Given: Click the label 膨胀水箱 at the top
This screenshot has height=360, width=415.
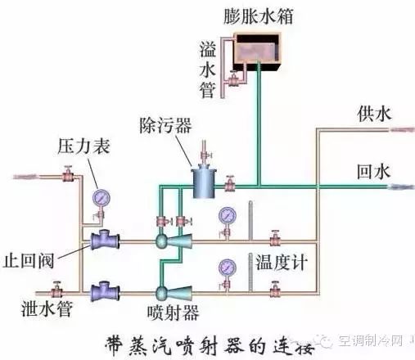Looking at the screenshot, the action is (x=258, y=16).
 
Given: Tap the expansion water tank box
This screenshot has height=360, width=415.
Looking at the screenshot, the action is (x=257, y=52).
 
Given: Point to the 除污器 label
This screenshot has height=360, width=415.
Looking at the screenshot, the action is (x=166, y=126).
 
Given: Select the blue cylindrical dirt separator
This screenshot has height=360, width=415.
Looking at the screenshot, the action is (x=204, y=181).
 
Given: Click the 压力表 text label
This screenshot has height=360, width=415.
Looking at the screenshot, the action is (x=84, y=146).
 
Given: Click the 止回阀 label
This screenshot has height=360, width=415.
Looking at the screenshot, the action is (x=29, y=261).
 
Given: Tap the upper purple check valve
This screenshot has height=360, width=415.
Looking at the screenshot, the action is (x=105, y=240).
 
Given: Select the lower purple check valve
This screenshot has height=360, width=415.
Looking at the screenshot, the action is (x=105, y=292).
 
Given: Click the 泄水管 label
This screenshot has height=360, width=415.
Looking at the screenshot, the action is (x=47, y=309).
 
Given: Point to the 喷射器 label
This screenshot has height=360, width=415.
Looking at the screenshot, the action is (x=174, y=313).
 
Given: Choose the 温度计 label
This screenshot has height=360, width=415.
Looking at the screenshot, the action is (x=282, y=263).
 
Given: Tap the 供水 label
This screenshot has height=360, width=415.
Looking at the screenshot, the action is (x=374, y=114).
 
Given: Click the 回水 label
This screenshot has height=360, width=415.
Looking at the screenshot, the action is (x=373, y=172).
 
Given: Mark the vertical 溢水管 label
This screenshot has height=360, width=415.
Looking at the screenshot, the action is (x=208, y=70).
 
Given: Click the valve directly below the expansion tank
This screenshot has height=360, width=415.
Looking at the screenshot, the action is (x=233, y=79).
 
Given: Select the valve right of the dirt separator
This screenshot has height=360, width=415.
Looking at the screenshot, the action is (x=230, y=183).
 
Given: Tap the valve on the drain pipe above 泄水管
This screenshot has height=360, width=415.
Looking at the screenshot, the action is (x=56, y=290).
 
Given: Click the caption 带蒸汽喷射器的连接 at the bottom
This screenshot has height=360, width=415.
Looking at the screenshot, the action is (x=210, y=346).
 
